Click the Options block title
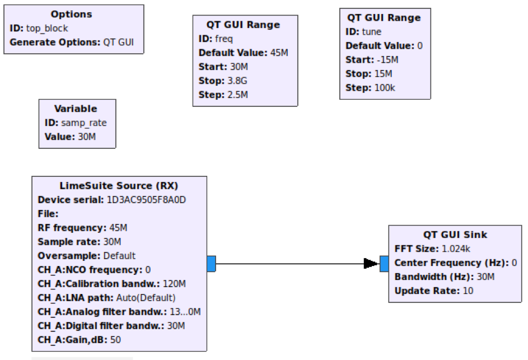pos(71,14)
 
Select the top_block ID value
pos(47,29)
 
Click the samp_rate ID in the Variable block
pos(84,123)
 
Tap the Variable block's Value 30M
pos(87,137)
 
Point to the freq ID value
pos(223,39)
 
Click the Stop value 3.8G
pos(237,81)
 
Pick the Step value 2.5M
pos(238,95)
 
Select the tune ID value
pos(372,32)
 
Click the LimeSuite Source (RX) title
pos(119,186)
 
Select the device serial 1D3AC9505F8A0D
pos(146,200)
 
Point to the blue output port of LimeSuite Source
pos(211,264)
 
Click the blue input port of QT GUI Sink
pos(384,264)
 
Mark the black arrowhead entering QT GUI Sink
pos(371,263)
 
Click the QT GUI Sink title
pos(455,235)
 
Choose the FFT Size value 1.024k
pos(456,249)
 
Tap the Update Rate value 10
pos(468,291)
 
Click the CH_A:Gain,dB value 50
pos(115,340)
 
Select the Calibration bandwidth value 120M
pos(174,284)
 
